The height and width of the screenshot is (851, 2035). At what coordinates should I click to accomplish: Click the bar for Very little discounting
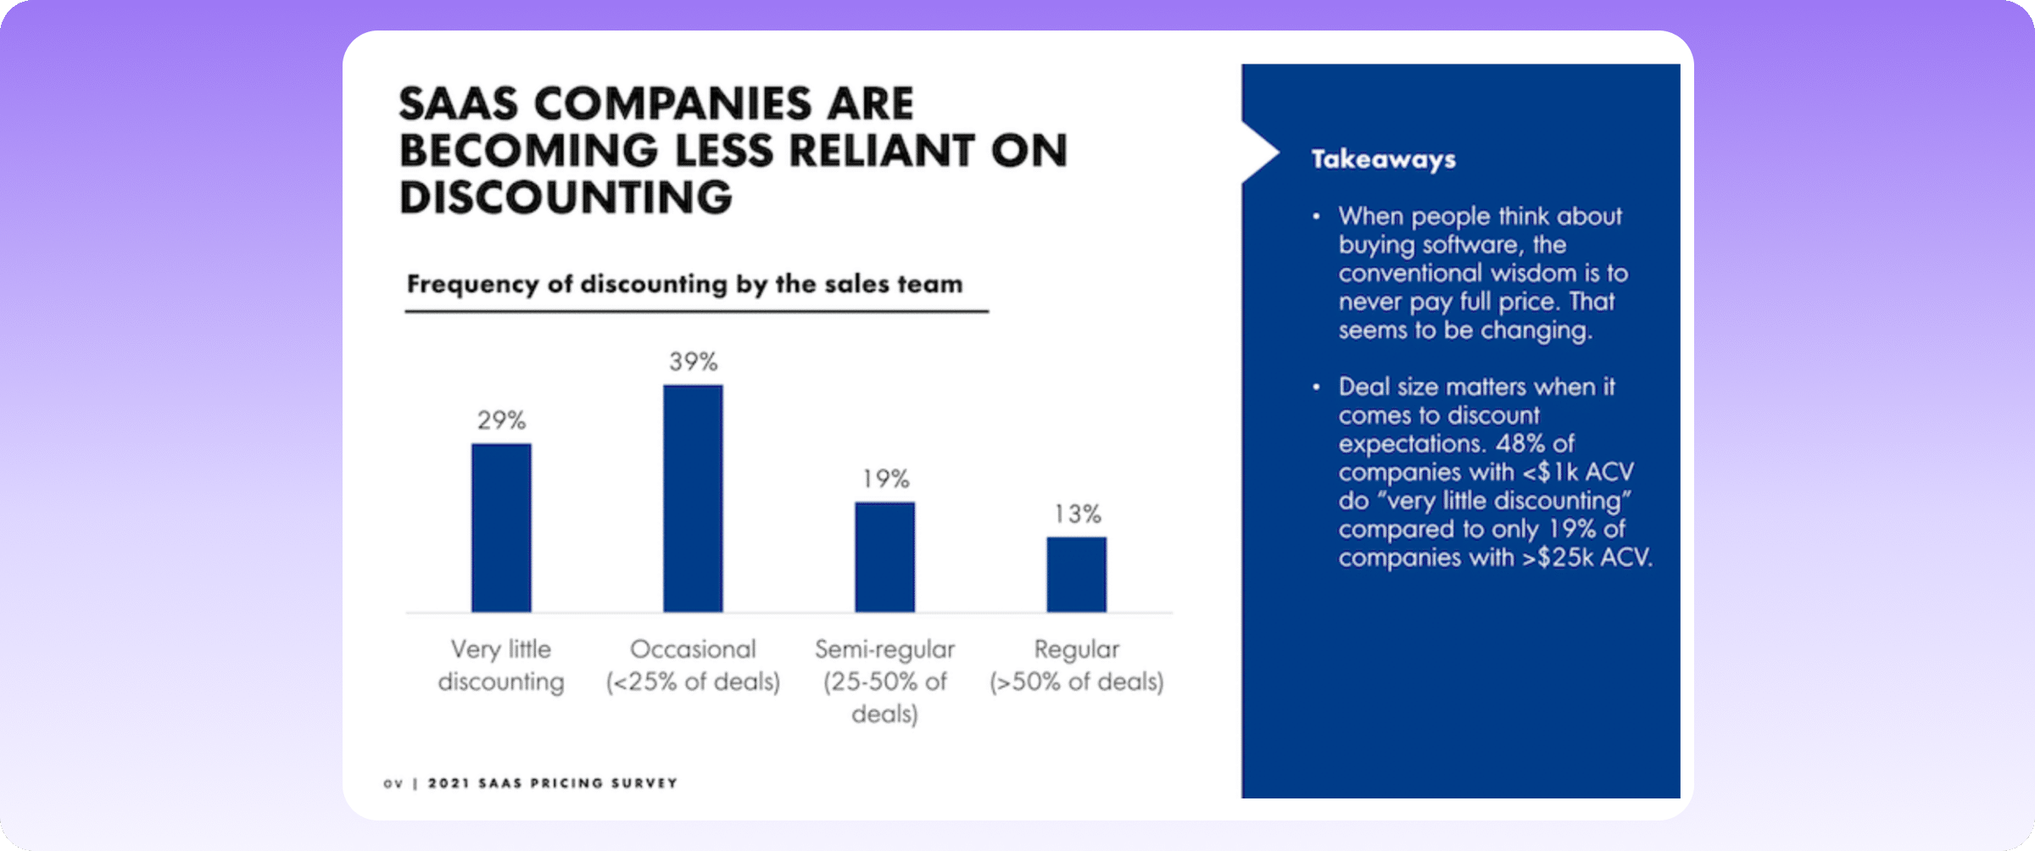[501, 527]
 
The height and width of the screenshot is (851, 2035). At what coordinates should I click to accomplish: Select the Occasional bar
[693, 498]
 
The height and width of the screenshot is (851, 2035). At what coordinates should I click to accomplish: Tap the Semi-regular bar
[884, 557]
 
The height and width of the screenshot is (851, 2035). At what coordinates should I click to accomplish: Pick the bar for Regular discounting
[1076, 574]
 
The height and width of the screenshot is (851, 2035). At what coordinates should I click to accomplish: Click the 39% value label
[693, 362]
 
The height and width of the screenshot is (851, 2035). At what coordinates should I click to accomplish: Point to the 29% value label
[501, 420]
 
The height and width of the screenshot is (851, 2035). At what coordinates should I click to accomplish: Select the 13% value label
[1077, 514]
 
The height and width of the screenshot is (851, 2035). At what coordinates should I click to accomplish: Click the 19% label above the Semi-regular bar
[885, 479]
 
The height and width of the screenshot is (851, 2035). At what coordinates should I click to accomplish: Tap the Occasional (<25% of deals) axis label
[693, 665]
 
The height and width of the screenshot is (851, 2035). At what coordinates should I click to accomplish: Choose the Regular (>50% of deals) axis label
[1076, 665]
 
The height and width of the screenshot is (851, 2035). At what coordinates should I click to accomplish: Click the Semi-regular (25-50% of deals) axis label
[884, 681]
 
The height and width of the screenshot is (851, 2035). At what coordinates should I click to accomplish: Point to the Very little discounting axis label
[501, 665]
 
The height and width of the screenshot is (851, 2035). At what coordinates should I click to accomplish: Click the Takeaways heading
[1383, 159]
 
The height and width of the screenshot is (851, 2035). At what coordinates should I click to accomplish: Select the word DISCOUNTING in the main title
[566, 197]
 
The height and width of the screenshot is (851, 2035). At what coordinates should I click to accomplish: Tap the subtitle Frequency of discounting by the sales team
[684, 284]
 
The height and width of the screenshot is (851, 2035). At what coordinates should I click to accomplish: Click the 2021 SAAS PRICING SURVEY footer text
[552, 783]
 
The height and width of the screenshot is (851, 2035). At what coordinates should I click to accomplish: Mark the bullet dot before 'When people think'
[1316, 217]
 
